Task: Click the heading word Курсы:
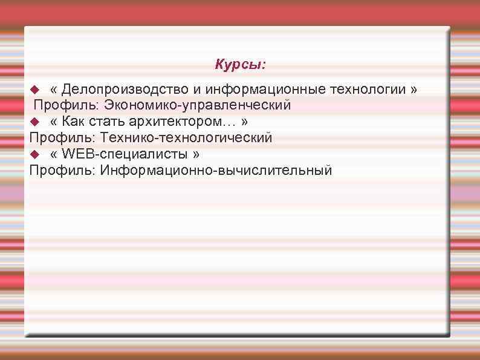pos(240,64)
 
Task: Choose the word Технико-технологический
pos(186,138)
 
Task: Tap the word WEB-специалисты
pos(125,154)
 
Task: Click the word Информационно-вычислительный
pos(216,171)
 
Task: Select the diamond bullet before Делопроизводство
pos(34,90)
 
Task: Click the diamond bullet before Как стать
pos(34,122)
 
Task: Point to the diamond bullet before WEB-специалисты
pos(34,154)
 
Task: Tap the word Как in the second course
pos(73,122)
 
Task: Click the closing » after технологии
pos(414,90)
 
